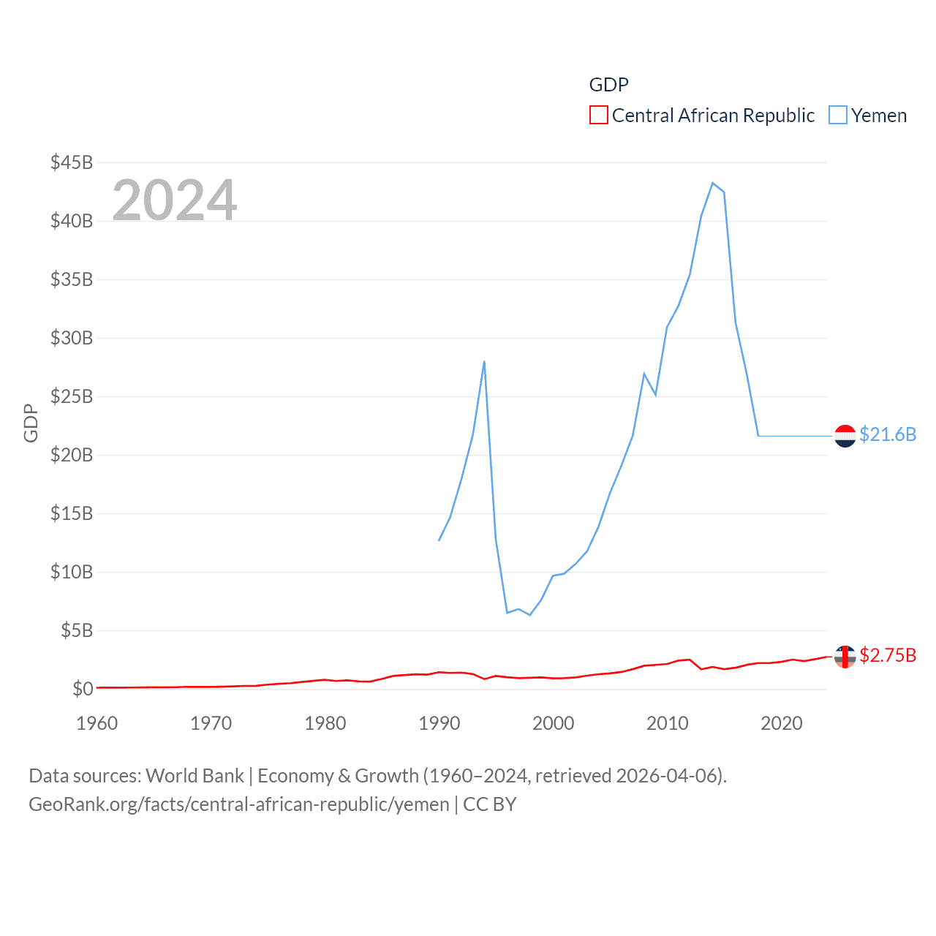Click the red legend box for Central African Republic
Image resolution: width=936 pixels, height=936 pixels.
coord(598,116)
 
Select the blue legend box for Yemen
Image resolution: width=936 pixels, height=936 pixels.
coord(838,116)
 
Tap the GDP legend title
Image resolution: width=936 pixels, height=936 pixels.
coord(608,85)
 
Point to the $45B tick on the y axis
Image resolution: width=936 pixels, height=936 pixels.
coord(72,162)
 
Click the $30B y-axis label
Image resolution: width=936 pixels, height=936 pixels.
coord(72,338)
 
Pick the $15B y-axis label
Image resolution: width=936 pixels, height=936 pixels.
coord(72,513)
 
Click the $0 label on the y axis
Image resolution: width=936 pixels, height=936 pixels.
coord(83,689)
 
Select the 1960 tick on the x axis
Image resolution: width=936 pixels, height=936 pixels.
coord(97,723)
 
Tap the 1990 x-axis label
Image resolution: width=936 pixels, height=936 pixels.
coord(439,723)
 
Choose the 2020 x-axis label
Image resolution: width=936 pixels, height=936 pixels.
coord(782,723)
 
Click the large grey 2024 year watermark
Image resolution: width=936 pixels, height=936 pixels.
coord(175,200)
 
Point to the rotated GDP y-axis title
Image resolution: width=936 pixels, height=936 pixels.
coord(31,423)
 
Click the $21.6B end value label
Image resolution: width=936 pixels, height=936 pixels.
coord(888,434)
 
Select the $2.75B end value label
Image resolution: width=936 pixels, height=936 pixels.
coord(888,655)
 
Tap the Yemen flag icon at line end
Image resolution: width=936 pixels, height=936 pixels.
coord(845,436)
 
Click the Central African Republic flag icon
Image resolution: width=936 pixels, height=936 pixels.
coord(845,657)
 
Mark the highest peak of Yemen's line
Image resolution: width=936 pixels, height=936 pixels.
coord(713,183)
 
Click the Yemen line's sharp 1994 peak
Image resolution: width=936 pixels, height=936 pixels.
coord(484,361)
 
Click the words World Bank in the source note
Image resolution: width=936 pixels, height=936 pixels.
coord(195,775)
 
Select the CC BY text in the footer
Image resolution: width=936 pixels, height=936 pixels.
coord(490,804)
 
